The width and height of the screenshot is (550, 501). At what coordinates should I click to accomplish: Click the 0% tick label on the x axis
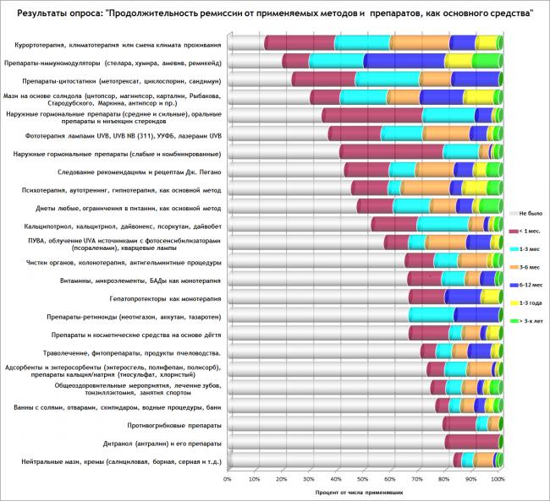(228, 479)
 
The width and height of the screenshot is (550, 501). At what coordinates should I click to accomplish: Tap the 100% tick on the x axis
(498, 479)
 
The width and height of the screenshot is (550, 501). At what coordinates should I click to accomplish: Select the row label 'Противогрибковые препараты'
(175, 424)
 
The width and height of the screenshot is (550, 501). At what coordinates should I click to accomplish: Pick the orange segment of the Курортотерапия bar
(420, 43)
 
